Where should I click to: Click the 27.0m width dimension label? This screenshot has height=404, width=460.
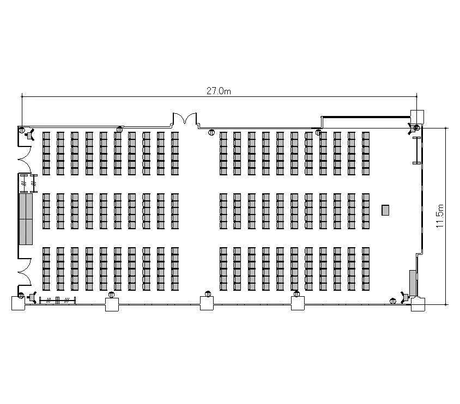click(x=219, y=91)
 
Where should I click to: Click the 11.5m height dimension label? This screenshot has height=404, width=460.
click(x=440, y=216)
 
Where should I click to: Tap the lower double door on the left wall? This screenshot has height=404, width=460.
click(x=25, y=272)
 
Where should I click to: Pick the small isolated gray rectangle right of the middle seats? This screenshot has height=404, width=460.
click(x=385, y=210)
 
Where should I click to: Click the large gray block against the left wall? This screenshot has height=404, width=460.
click(x=26, y=218)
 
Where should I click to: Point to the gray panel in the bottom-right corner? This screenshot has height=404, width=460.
click(x=413, y=283)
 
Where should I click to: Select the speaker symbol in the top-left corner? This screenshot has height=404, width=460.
click(x=30, y=135)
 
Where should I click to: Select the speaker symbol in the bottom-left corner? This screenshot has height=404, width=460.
click(x=32, y=298)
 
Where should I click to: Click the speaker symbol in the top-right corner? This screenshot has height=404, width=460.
click(x=411, y=128)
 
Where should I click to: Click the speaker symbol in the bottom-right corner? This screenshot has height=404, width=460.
click(x=405, y=297)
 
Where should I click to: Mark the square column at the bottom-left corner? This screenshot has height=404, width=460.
click(x=18, y=303)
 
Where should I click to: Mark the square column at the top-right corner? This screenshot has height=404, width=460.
click(x=417, y=117)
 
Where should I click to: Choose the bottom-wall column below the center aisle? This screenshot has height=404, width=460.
click(x=207, y=303)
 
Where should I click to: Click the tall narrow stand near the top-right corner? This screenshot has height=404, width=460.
click(x=416, y=150)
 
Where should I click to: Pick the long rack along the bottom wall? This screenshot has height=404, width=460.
click(x=58, y=301)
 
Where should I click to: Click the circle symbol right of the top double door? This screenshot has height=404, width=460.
click(x=211, y=132)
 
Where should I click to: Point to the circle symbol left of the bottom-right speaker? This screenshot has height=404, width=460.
click(x=393, y=301)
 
